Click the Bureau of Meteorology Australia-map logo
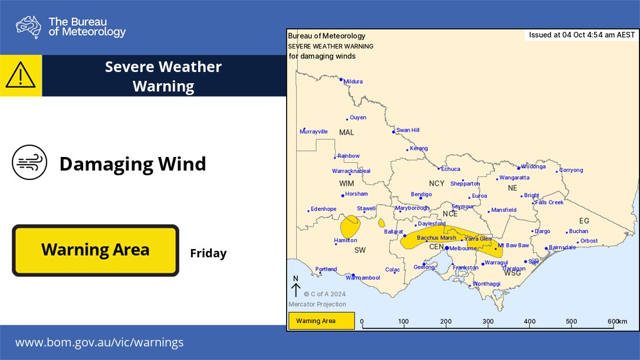point(29,27)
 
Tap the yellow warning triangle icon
point(21,76)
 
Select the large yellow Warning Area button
point(96,250)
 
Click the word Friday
point(208,254)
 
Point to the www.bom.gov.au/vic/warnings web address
point(99,342)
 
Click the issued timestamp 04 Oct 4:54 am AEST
point(582,35)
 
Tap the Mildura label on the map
point(353,81)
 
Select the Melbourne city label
point(463,248)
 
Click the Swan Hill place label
point(408,130)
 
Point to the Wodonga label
point(533,167)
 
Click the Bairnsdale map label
point(562,247)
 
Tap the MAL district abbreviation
point(346,133)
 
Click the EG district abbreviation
point(584,221)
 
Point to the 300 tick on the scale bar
point(488,322)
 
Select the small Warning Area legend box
point(321,321)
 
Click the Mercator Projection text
point(317,305)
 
